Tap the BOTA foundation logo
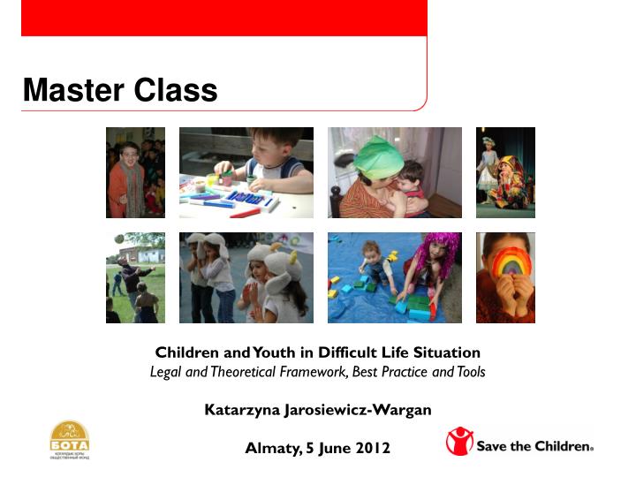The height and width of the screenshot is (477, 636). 69,440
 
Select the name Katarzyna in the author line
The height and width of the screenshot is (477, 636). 242,410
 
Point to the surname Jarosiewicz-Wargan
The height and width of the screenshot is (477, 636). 357,410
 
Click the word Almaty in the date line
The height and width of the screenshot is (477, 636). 271,448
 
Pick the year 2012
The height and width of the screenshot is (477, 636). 371,448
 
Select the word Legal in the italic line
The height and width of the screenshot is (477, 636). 164,372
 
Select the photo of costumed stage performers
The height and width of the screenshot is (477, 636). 505,173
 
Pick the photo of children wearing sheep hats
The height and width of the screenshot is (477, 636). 246,277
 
